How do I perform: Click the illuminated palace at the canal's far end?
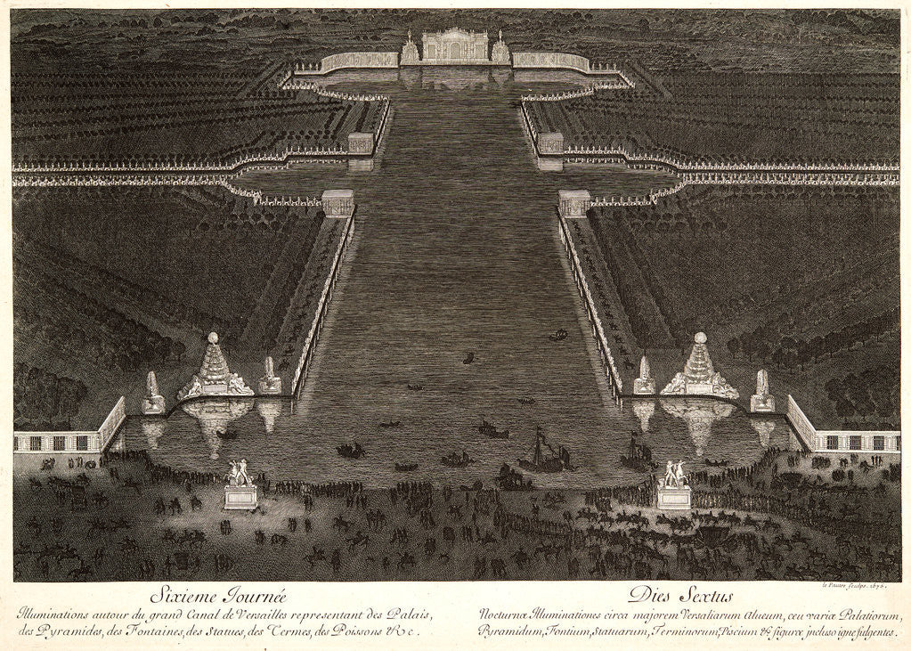[x=455, y=45]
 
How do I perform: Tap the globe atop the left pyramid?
[x=213, y=338]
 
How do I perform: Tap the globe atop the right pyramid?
[x=701, y=338]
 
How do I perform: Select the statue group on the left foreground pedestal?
[x=240, y=472]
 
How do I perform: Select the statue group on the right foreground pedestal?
[x=673, y=473]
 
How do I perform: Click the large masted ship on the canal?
[x=540, y=452]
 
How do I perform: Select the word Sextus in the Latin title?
[x=703, y=595]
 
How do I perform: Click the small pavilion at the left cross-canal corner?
[x=338, y=203]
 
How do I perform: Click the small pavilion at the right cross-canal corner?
[x=574, y=203]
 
